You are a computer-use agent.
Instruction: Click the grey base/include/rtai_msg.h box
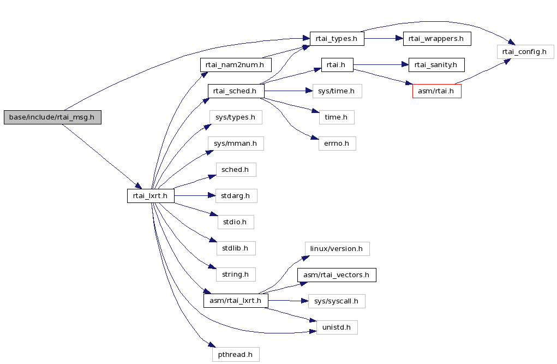click(x=52, y=117)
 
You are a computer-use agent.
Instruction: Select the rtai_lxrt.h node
click(x=151, y=196)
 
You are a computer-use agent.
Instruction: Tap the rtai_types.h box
click(x=337, y=39)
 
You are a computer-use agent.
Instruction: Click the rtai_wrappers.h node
click(x=437, y=39)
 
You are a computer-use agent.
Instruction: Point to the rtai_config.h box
click(x=525, y=52)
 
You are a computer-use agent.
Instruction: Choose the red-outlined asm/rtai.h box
click(x=436, y=91)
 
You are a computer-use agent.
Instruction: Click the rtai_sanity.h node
click(x=436, y=65)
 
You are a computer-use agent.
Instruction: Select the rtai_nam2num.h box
click(x=236, y=65)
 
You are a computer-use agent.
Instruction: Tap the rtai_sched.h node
click(x=236, y=91)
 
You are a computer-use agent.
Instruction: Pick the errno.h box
click(x=337, y=144)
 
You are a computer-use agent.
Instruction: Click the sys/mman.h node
click(x=236, y=144)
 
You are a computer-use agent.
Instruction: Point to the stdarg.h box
click(x=236, y=196)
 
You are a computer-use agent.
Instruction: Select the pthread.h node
click(x=236, y=355)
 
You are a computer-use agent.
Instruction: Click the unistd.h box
click(x=337, y=327)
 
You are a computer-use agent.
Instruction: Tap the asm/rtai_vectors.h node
click(x=337, y=275)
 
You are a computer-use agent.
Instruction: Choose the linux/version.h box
click(x=337, y=249)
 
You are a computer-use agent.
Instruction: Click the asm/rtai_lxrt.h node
click(x=236, y=301)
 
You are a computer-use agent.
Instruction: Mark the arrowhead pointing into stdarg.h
click(x=212, y=196)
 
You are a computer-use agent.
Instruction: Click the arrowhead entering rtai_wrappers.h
click(x=399, y=39)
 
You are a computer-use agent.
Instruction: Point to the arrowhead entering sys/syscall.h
click(x=304, y=301)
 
